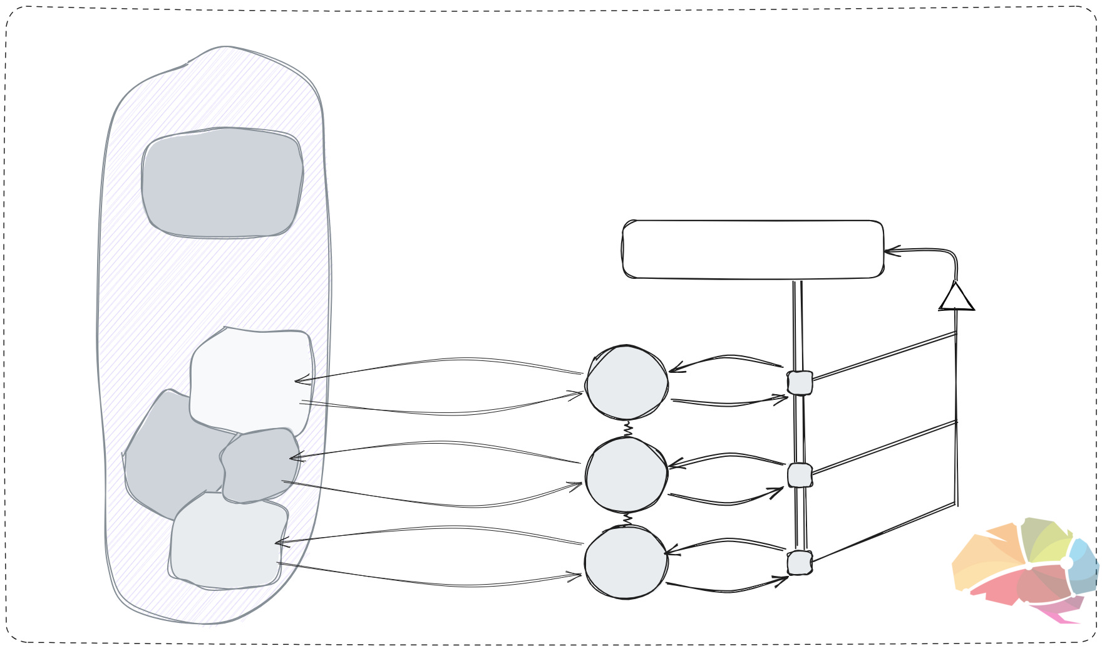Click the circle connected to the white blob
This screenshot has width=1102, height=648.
coord(626,382)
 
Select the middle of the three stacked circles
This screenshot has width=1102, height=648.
coord(626,475)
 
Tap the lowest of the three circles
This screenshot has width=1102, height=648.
coord(626,563)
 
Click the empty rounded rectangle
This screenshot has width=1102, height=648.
coord(753,249)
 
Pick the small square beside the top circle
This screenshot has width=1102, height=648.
coord(800,383)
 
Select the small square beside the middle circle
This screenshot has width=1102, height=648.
coord(800,476)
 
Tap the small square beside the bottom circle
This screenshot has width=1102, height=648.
coord(800,563)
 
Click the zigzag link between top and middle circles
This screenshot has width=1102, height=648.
coord(627,429)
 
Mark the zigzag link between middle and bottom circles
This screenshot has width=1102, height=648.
coord(627,520)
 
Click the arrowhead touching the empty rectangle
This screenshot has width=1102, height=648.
coord(890,252)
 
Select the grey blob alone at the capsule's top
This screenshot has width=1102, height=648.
coord(222,183)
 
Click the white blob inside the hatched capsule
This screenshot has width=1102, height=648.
coord(250,379)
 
